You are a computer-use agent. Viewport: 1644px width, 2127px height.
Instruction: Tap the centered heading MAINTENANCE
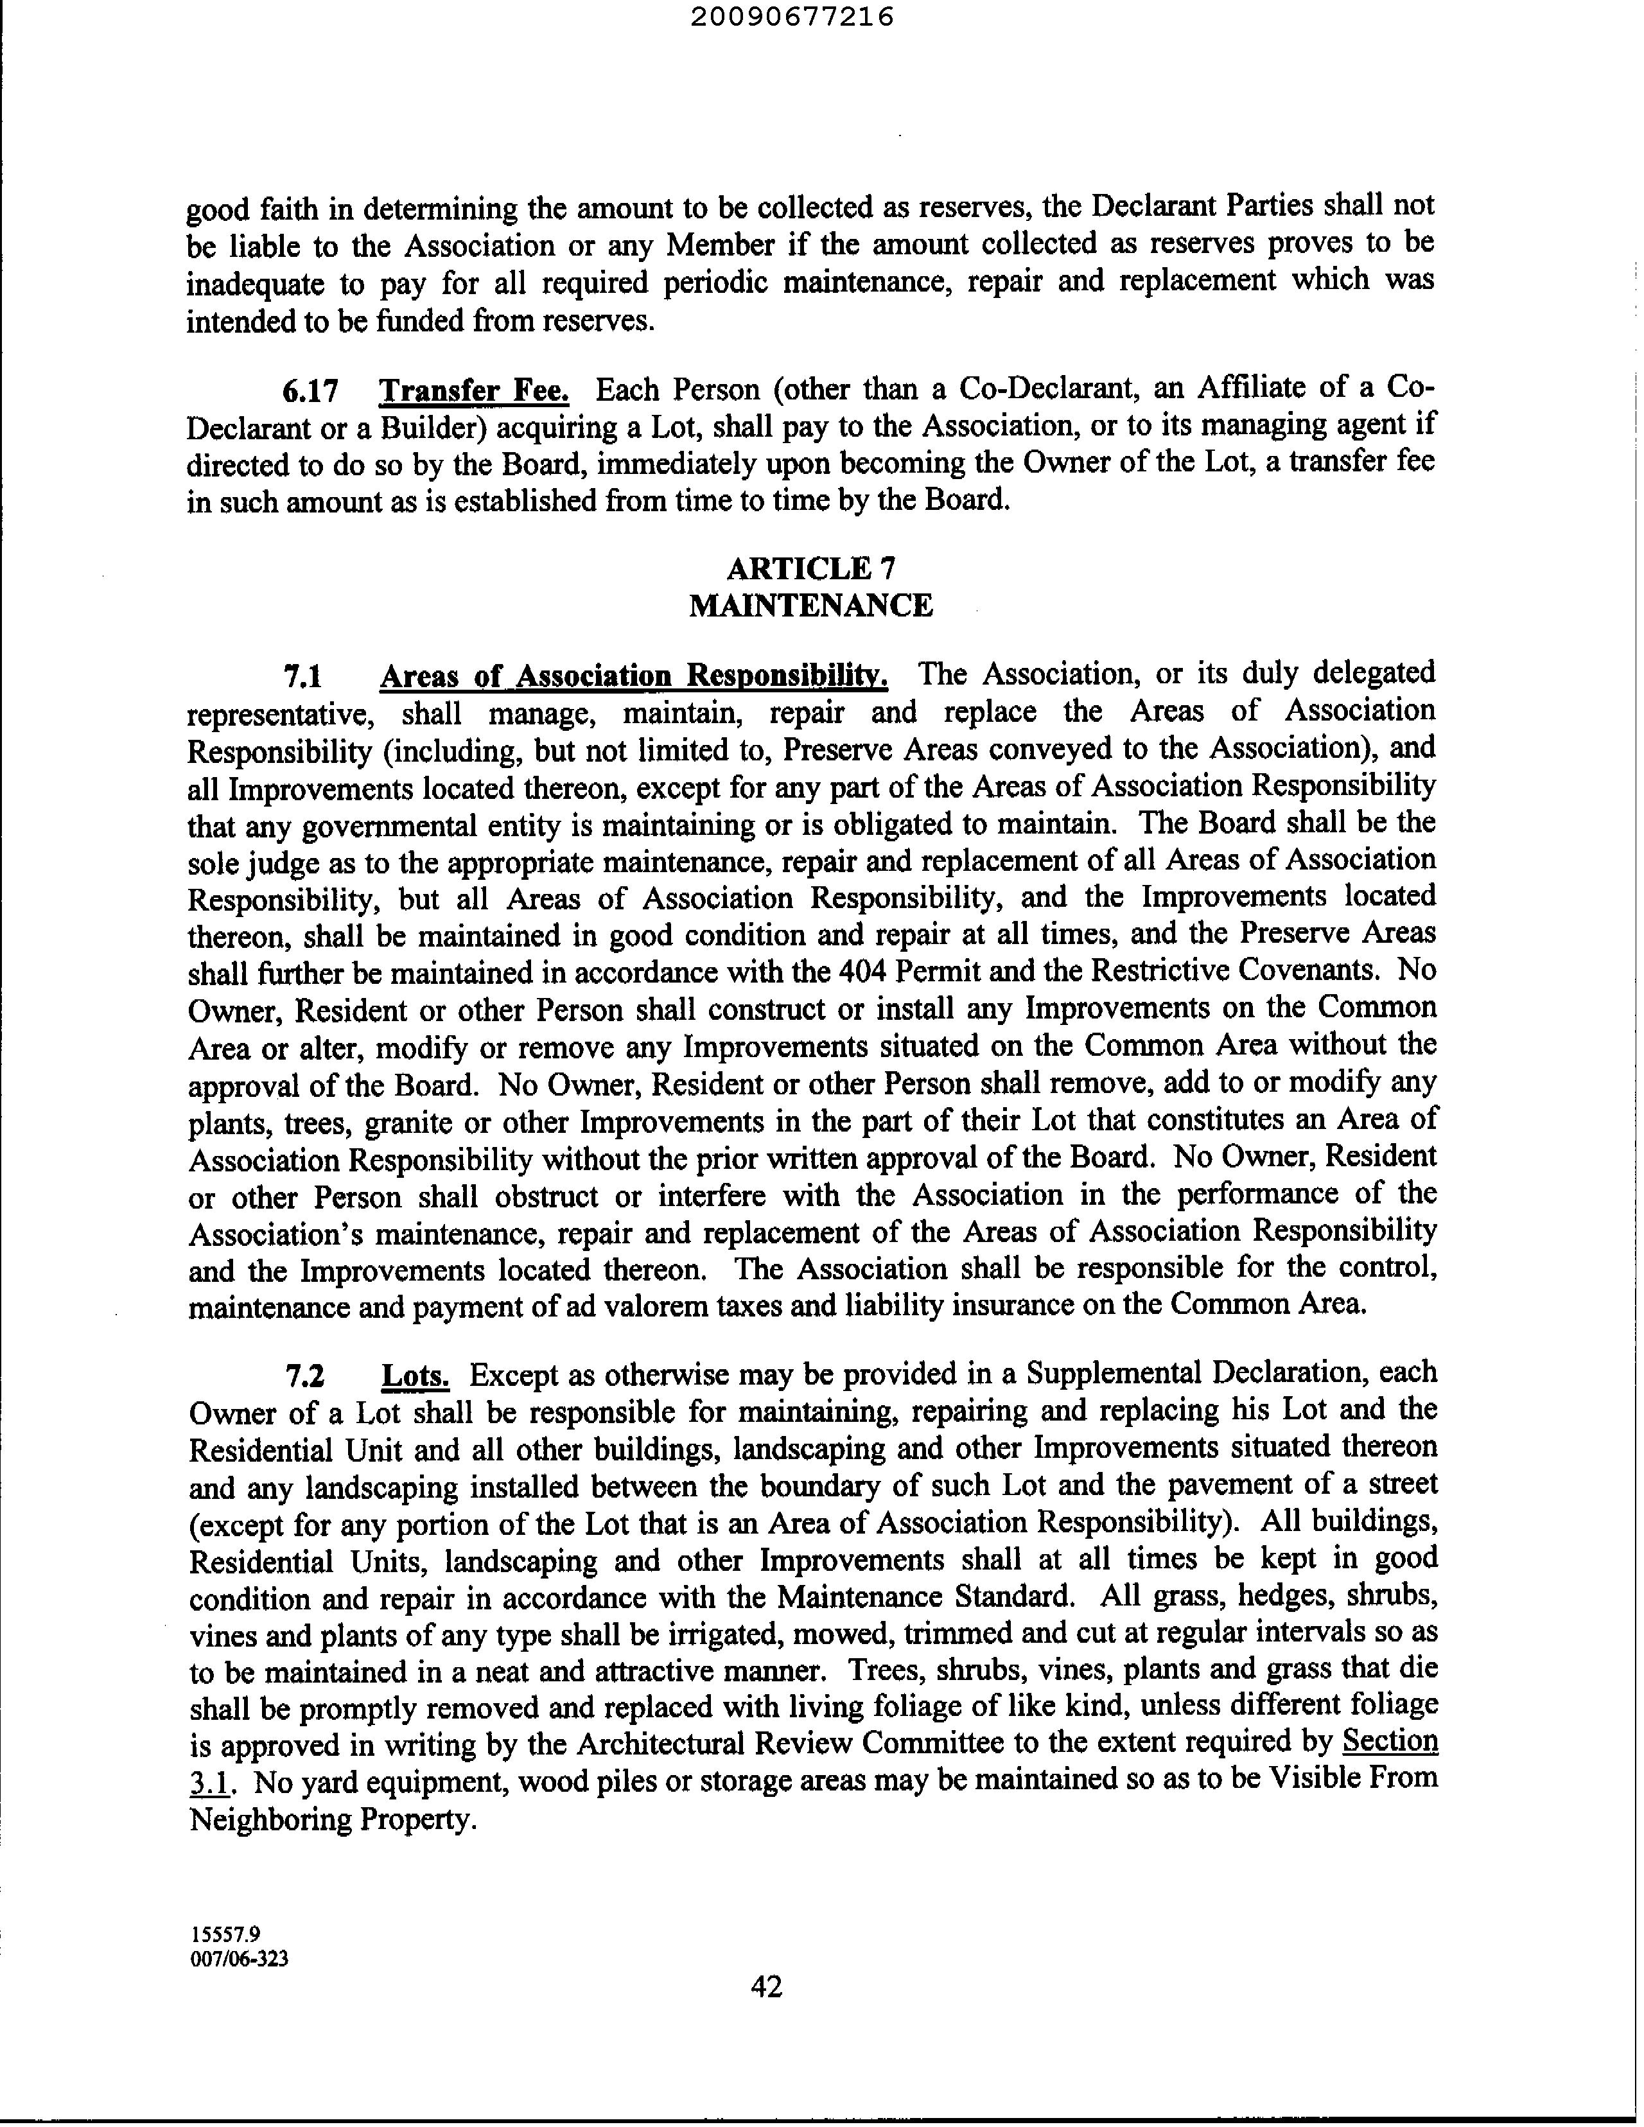(x=810, y=606)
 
